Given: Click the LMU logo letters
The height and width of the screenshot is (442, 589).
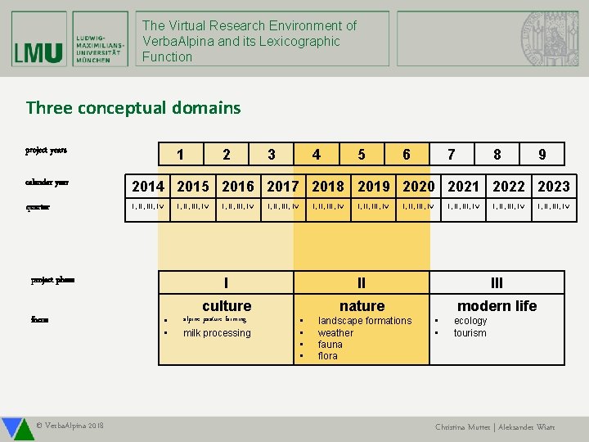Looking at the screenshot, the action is tap(38, 52).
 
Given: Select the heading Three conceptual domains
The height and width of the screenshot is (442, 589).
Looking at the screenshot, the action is tap(133, 107).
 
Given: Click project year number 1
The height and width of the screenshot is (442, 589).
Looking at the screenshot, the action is tap(180, 155).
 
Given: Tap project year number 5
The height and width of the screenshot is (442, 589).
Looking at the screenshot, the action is tap(361, 155).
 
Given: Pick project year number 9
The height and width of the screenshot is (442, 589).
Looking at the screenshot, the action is tap(542, 155).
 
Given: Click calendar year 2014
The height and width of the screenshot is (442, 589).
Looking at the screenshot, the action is tap(148, 186).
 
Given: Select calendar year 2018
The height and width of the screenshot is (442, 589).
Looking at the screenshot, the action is tap(328, 186).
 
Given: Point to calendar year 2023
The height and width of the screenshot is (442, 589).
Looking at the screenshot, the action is tap(553, 186).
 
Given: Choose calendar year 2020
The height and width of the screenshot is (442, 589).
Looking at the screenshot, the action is tap(418, 186).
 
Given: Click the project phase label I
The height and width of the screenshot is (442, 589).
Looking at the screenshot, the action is tap(226, 283).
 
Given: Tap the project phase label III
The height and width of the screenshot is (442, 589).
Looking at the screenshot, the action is tap(497, 283).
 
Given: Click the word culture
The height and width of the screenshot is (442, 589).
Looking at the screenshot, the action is tap(227, 306).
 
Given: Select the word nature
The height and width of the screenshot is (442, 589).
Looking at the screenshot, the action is tap(362, 306).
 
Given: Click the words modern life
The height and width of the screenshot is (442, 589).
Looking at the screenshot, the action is tap(497, 306).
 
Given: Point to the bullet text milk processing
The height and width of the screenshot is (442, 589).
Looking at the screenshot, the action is tap(217, 333).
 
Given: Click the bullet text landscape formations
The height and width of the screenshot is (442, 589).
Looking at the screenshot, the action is tap(364, 321).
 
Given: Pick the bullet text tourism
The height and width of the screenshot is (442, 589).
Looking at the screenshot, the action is tap(470, 333).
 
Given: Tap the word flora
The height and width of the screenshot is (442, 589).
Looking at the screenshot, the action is tap(327, 356).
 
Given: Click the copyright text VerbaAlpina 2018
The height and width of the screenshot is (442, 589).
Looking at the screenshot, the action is tap(70, 426).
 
